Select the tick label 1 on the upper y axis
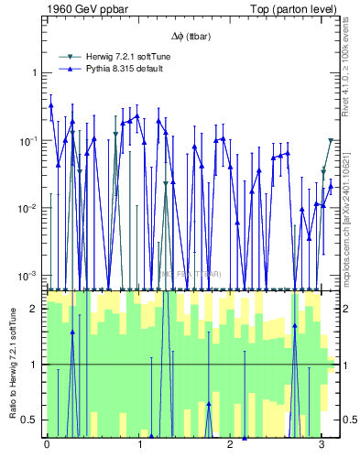point(34,72)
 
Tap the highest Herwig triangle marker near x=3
point(331,141)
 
